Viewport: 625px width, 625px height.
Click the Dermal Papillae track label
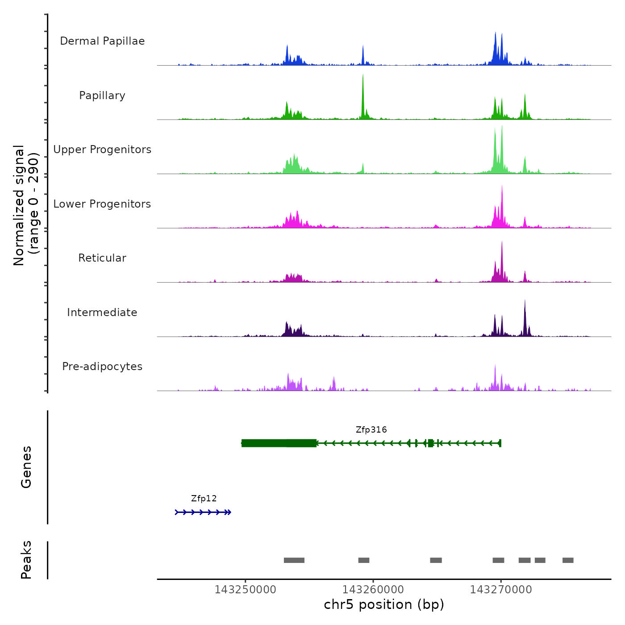[x=102, y=41]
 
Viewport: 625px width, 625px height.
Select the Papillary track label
[x=102, y=96]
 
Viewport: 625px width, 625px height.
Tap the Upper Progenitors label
[x=102, y=150]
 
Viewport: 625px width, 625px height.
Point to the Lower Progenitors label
[x=102, y=204]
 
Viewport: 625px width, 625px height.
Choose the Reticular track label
[x=102, y=258]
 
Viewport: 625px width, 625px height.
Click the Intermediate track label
[x=102, y=312]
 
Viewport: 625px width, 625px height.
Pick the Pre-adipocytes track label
[x=102, y=367]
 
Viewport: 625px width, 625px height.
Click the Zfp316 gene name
[x=371, y=430]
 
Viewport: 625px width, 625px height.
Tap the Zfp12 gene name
[x=204, y=499]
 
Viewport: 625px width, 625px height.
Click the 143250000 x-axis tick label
[x=245, y=590]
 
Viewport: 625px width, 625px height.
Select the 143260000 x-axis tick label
[x=373, y=590]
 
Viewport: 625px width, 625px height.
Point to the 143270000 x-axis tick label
[x=501, y=590]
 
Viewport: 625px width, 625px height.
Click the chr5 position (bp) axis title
[x=384, y=604]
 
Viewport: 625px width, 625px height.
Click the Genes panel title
[x=26, y=467]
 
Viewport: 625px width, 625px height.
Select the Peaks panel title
[x=26, y=560]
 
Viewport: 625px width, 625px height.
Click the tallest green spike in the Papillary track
[x=363, y=89]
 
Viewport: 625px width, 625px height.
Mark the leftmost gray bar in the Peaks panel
[x=294, y=560]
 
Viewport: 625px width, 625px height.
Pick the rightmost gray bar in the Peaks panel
[x=568, y=560]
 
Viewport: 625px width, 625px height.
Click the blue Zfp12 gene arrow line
[x=203, y=512]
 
